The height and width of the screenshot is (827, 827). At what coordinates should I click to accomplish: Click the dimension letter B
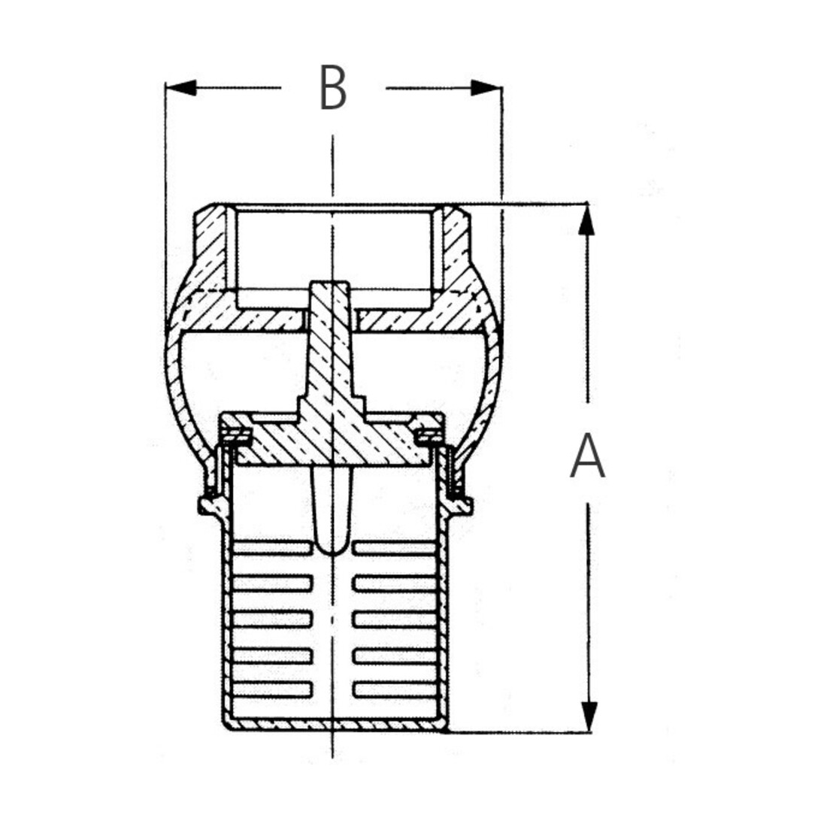point(333,88)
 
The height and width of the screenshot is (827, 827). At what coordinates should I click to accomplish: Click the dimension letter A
point(587,456)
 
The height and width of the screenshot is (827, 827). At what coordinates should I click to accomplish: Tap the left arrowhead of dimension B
point(181,88)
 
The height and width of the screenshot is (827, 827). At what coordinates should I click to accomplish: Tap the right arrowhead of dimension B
point(486,88)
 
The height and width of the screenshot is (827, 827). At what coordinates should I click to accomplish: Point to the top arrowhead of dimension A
point(586,219)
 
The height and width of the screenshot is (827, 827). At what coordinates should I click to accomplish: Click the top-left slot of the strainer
point(272,547)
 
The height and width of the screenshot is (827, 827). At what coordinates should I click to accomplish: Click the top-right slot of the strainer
point(395,547)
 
